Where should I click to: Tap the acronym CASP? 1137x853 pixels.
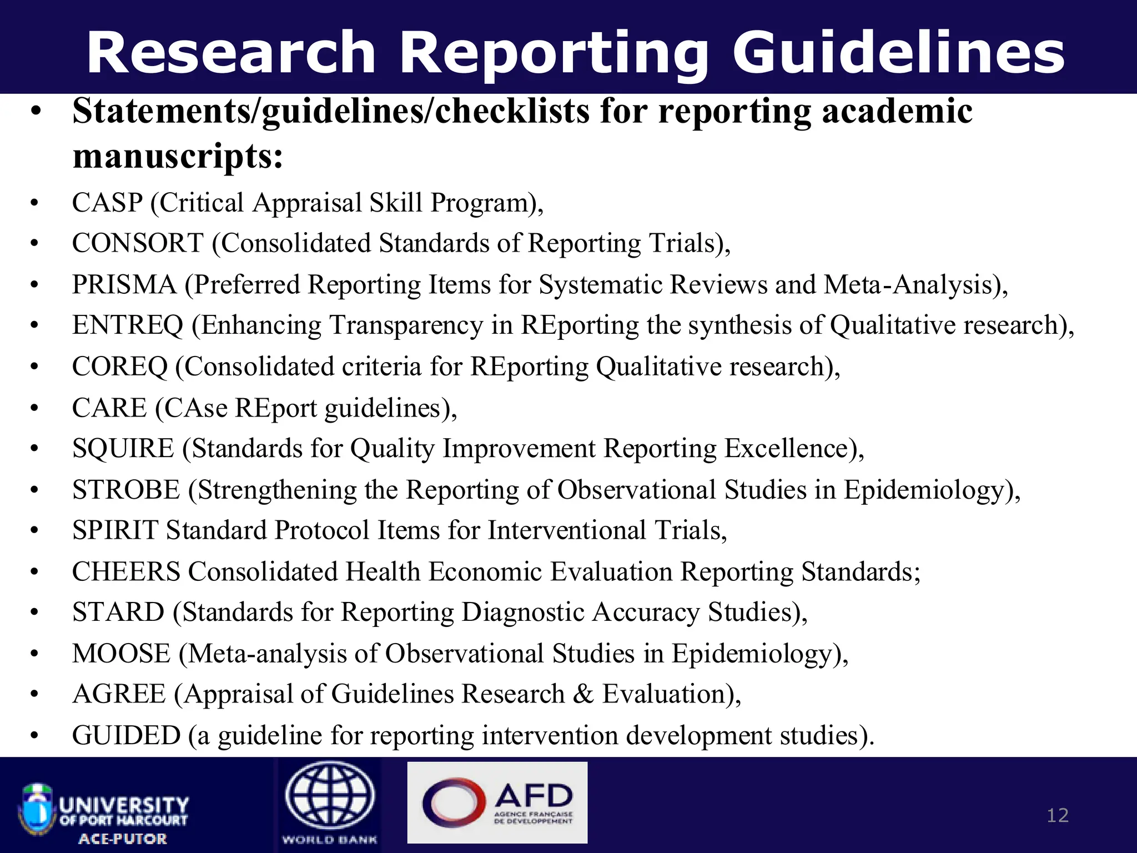107,203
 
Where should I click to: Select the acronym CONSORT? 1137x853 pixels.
138,244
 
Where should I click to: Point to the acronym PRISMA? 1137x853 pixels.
124,285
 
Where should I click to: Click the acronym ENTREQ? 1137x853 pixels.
127,325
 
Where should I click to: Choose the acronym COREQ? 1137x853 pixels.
119,367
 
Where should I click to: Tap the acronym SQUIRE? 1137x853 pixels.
123,449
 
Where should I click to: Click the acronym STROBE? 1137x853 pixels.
126,490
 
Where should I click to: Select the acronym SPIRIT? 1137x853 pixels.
115,530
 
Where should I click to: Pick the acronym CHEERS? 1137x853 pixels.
126,572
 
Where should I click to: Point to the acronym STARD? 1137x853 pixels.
118,613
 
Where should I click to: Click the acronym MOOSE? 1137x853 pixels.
121,654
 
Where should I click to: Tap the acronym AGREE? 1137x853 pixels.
119,694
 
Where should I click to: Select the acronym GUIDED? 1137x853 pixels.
126,736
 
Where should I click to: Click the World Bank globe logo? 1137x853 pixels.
330,796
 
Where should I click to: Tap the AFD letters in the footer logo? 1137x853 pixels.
533,795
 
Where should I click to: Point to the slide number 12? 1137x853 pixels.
1057,815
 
